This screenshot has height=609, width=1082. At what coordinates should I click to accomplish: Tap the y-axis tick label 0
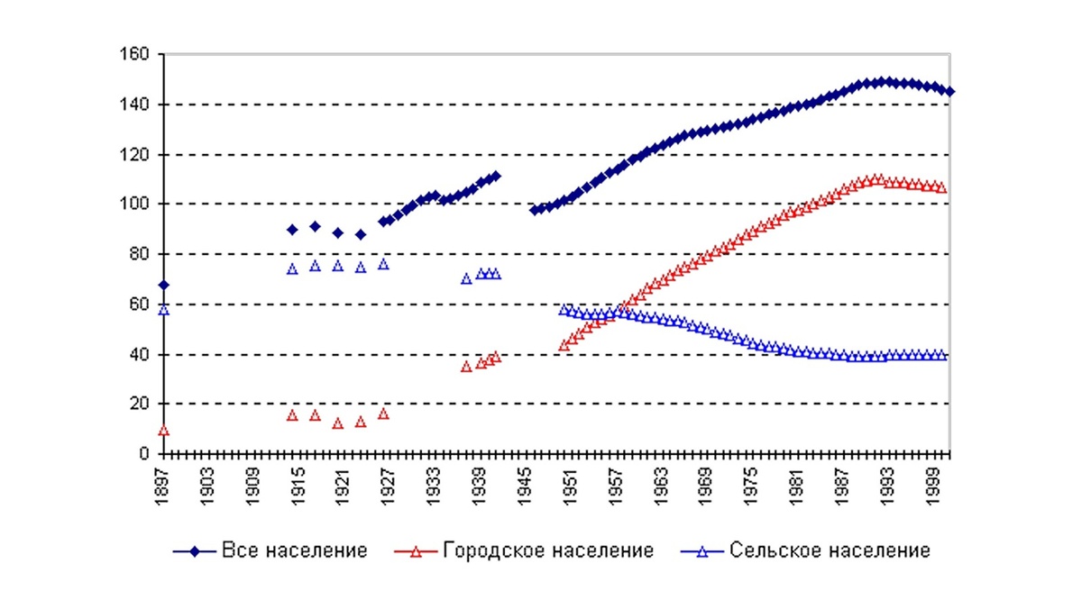pos(144,454)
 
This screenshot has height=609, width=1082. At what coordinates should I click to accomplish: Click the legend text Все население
pos(294,550)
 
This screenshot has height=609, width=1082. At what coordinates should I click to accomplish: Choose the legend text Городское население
pos(547,550)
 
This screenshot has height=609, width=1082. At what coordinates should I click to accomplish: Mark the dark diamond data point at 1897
pos(163,286)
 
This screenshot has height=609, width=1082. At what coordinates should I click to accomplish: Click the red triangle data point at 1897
pos(163,431)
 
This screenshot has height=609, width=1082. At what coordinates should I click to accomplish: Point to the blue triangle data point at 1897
pos(163,310)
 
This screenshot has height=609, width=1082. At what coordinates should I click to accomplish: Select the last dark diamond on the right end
pos(950,92)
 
